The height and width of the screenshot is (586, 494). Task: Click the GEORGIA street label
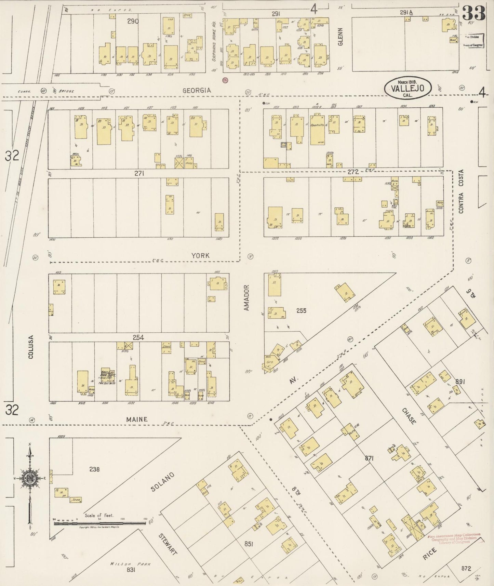(197, 90)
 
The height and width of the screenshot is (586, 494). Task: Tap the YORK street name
(200, 255)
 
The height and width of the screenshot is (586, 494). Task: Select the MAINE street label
(137, 419)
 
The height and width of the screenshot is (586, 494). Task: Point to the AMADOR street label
(247, 298)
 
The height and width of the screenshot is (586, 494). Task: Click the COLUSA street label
(31, 347)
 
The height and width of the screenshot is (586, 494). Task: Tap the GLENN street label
(340, 37)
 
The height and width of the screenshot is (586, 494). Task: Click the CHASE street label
(409, 416)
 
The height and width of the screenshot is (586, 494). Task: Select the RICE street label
(430, 554)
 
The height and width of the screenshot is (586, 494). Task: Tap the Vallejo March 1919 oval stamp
(408, 88)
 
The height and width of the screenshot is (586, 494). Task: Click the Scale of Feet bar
(99, 523)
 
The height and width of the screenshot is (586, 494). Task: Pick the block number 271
(139, 173)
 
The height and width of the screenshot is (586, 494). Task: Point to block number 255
(301, 310)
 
